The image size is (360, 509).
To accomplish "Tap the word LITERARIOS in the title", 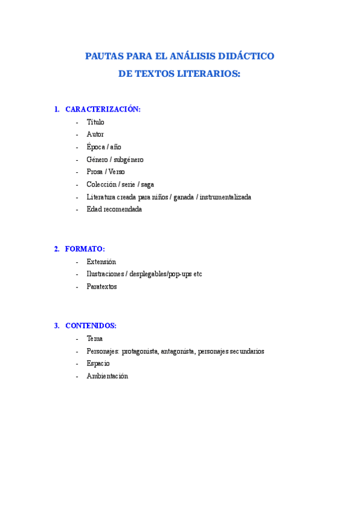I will pyautogui.click(x=209, y=74).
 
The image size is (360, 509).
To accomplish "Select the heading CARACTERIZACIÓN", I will pyautogui.click(x=103, y=109).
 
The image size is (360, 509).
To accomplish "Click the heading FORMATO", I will pyautogui.click(x=85, y=248).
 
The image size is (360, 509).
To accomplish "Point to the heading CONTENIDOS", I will pyautogui.click(x=91, y=325).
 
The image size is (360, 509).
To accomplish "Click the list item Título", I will pyautogui.click(x=95, y=122).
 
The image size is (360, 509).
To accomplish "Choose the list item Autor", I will pyautogui.click(x=95, y=134).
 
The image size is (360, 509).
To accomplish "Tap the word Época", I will pyautogui.click(x=95, y=147).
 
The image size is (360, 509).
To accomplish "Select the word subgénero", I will pyautogui.click(x=128, y=160).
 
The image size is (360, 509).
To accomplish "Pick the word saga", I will pyautogui.click(x=147, y=185).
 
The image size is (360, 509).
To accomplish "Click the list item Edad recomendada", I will pyautogui.click(x=114, y=209).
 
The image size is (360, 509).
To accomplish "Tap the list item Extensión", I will pyautogui.click(x=101, y=262).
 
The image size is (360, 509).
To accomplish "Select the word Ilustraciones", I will pyautogui.click(x=106, y=274).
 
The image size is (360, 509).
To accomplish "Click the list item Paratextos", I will pyautogui.click(x=102, y=287).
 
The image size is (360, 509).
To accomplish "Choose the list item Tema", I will pyautogui.click(x=94, y=339).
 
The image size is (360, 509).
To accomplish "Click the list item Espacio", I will pyautogui.click(x=98, y=364).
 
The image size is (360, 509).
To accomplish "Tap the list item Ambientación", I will pyautogui.click(x=107, y=376).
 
